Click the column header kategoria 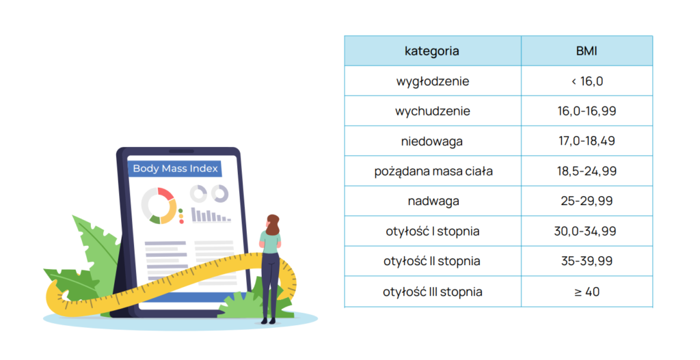pyautogui.click(x=432, y=51)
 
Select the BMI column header pyautogui.click(x=587, y=51)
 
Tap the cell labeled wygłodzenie pyautogui.click(x=433, y=81)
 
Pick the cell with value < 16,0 pyautogui.click(x=587, y=81)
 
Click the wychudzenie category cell pyautogui.click(x=433, y=111)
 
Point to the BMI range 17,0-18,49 pyautogui.click(x=587, y=141)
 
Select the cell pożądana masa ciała pyautogui.click(x=433, y=171)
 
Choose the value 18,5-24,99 pyautogui.click(x=587, y=171)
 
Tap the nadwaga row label pyautogui.click(x=433, y=202)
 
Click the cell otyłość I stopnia pyautogui.click(x=433, y=231)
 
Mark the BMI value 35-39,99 pyautogui.click(x=587, y=261)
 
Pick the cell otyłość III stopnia pyautogui.click(x=433, y=292)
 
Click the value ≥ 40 pyautogui.click(x=587, y=292)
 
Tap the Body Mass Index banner pyautogui.click(x=175, y=169)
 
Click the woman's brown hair pyautogui.click(x=273, y=224)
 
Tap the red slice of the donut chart pyautogui.click(x=165, y=193)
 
